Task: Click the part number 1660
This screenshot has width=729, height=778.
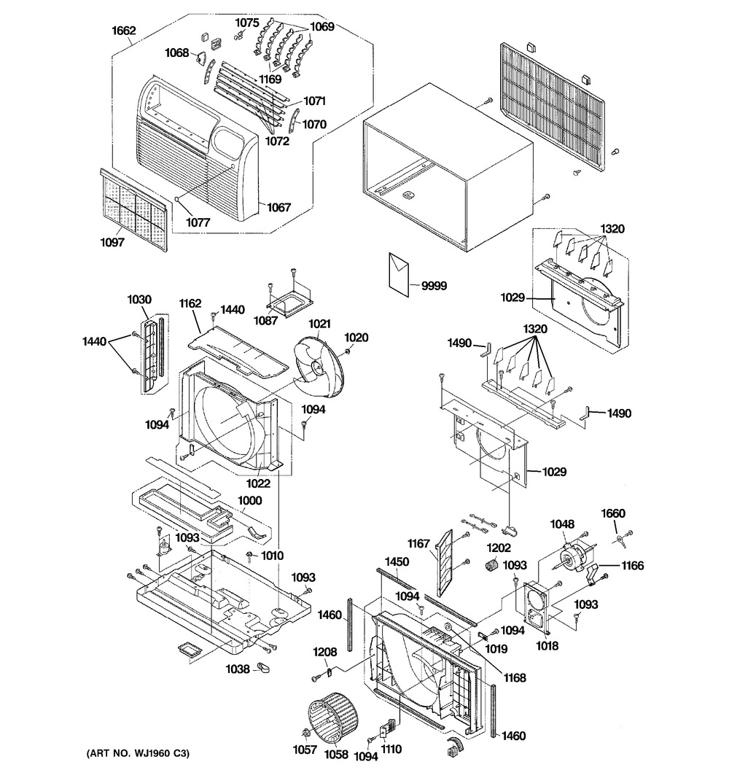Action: pyautogui.click(x=612, y=513)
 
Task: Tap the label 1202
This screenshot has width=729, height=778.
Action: pyautogui.click(x=499, y=548)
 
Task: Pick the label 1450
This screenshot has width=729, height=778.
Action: pyautogui.click(x=397, y=562)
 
